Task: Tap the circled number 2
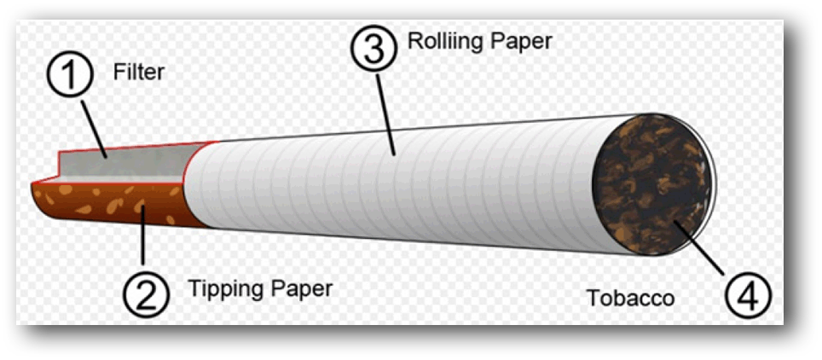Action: coord(146,294)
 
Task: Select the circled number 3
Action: coord(373,48)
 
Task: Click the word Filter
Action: coord(139,72)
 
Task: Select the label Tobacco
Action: coord(630,298)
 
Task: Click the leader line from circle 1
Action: coord(94,126)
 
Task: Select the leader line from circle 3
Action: coord(385,113)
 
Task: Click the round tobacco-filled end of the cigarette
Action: coord(651,184)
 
